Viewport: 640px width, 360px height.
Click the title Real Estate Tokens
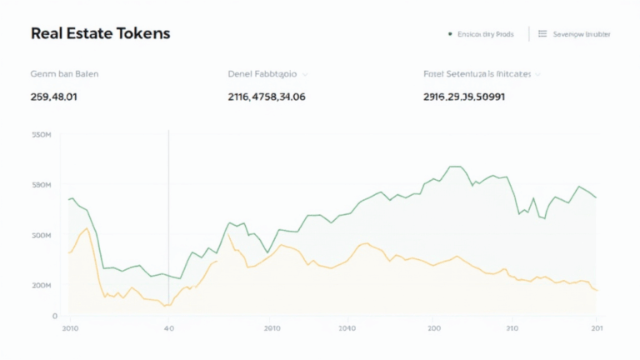tap(100, 34)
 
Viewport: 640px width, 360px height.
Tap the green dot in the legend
tap(449, 34)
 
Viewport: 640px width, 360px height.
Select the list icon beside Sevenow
tap(542, 34)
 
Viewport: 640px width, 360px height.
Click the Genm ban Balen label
tap(64, 74)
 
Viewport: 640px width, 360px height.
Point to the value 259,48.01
tap(54, 97)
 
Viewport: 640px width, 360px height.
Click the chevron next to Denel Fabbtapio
tap(306, 74)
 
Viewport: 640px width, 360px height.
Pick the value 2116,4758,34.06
tap(267, 97)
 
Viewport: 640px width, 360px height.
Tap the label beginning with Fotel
tap(477, 74)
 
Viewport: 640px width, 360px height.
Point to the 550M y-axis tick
tap(41, 134)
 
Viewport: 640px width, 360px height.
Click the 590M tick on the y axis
tap(41, 184)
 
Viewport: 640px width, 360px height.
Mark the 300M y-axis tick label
tap(41, 236)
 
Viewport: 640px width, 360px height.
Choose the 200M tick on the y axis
tap(41, 286)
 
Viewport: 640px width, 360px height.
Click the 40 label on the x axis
tap(168, 328)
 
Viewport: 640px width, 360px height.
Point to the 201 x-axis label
tap(597, 328)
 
